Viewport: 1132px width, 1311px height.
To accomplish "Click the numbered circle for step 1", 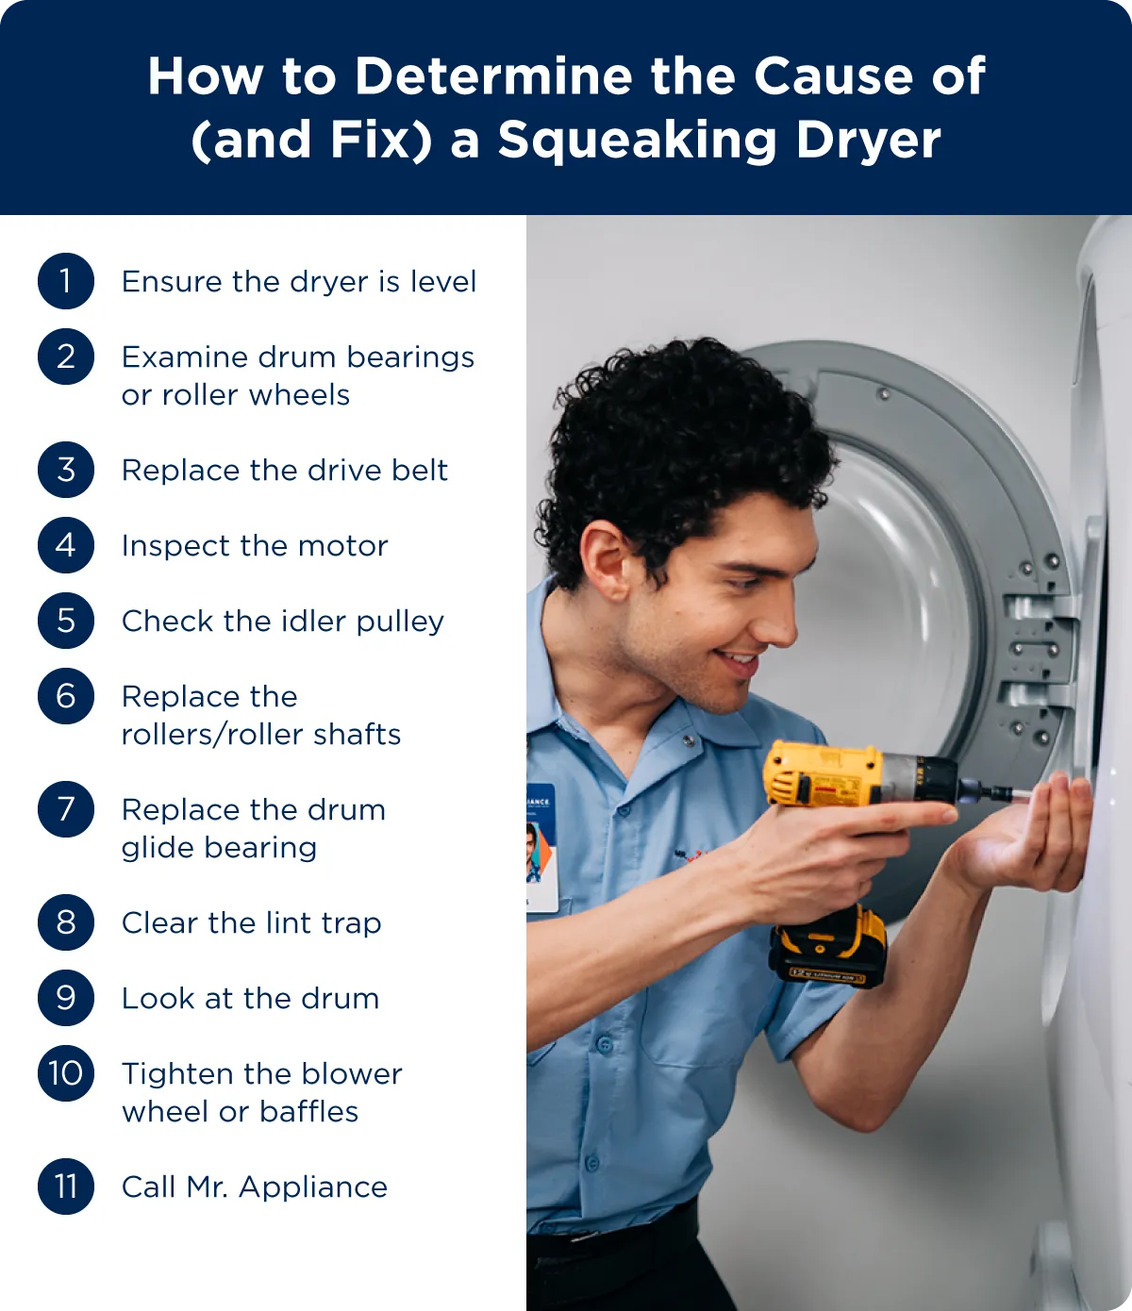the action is click(66, 281).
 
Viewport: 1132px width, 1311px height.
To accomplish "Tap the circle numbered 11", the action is click(66, 1187).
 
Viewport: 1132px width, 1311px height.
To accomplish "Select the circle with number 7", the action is click(66, 808).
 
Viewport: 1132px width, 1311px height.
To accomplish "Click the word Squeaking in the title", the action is click(637, 141).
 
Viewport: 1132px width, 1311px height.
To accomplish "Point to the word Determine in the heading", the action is click(493, 76).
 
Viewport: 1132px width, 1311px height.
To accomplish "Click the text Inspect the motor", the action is click(255, 545).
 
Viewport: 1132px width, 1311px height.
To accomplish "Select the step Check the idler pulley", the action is click(283, 622).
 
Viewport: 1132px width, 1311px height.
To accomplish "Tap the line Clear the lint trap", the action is click(251, 922).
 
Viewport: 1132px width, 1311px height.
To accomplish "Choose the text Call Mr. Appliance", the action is click(255, 1187).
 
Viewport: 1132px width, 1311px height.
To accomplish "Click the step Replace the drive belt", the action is click(284, 470).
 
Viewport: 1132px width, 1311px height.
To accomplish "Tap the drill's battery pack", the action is click(827, 947).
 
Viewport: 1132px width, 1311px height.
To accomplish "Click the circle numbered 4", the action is click(66, 545).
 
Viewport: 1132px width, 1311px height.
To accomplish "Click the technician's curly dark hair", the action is click(679, 444).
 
